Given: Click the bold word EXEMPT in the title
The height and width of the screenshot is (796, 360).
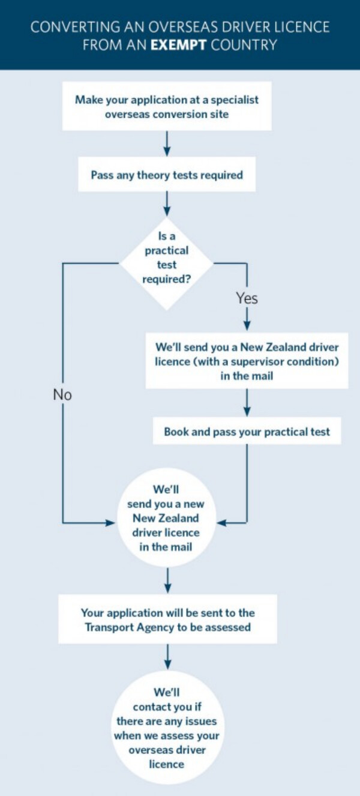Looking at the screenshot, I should (178, 44).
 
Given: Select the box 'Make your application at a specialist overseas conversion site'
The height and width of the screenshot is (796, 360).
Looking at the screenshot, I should (167, 106).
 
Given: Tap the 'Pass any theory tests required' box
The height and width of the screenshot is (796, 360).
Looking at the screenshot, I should (167, 175).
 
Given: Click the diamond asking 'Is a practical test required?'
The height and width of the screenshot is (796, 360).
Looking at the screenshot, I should (166, 262).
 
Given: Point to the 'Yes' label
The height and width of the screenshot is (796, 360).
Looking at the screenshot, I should (247, 298).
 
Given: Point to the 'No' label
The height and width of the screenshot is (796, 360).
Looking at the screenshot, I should (62, 394).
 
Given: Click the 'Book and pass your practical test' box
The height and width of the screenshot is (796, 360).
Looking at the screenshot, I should (247, 432).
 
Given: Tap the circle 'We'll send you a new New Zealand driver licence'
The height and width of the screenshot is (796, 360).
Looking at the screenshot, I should (166, 517).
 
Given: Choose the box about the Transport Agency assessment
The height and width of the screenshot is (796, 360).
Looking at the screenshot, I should (167, 620).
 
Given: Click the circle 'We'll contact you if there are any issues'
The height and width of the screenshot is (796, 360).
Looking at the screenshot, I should (167, 728).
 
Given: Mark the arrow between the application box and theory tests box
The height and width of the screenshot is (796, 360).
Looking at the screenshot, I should (167, 144).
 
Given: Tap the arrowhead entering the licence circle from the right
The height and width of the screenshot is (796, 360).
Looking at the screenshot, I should (221, 523).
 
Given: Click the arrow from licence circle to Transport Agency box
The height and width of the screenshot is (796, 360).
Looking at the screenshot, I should (167, 580).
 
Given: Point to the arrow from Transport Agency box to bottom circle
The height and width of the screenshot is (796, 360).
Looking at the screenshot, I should (167, 657).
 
